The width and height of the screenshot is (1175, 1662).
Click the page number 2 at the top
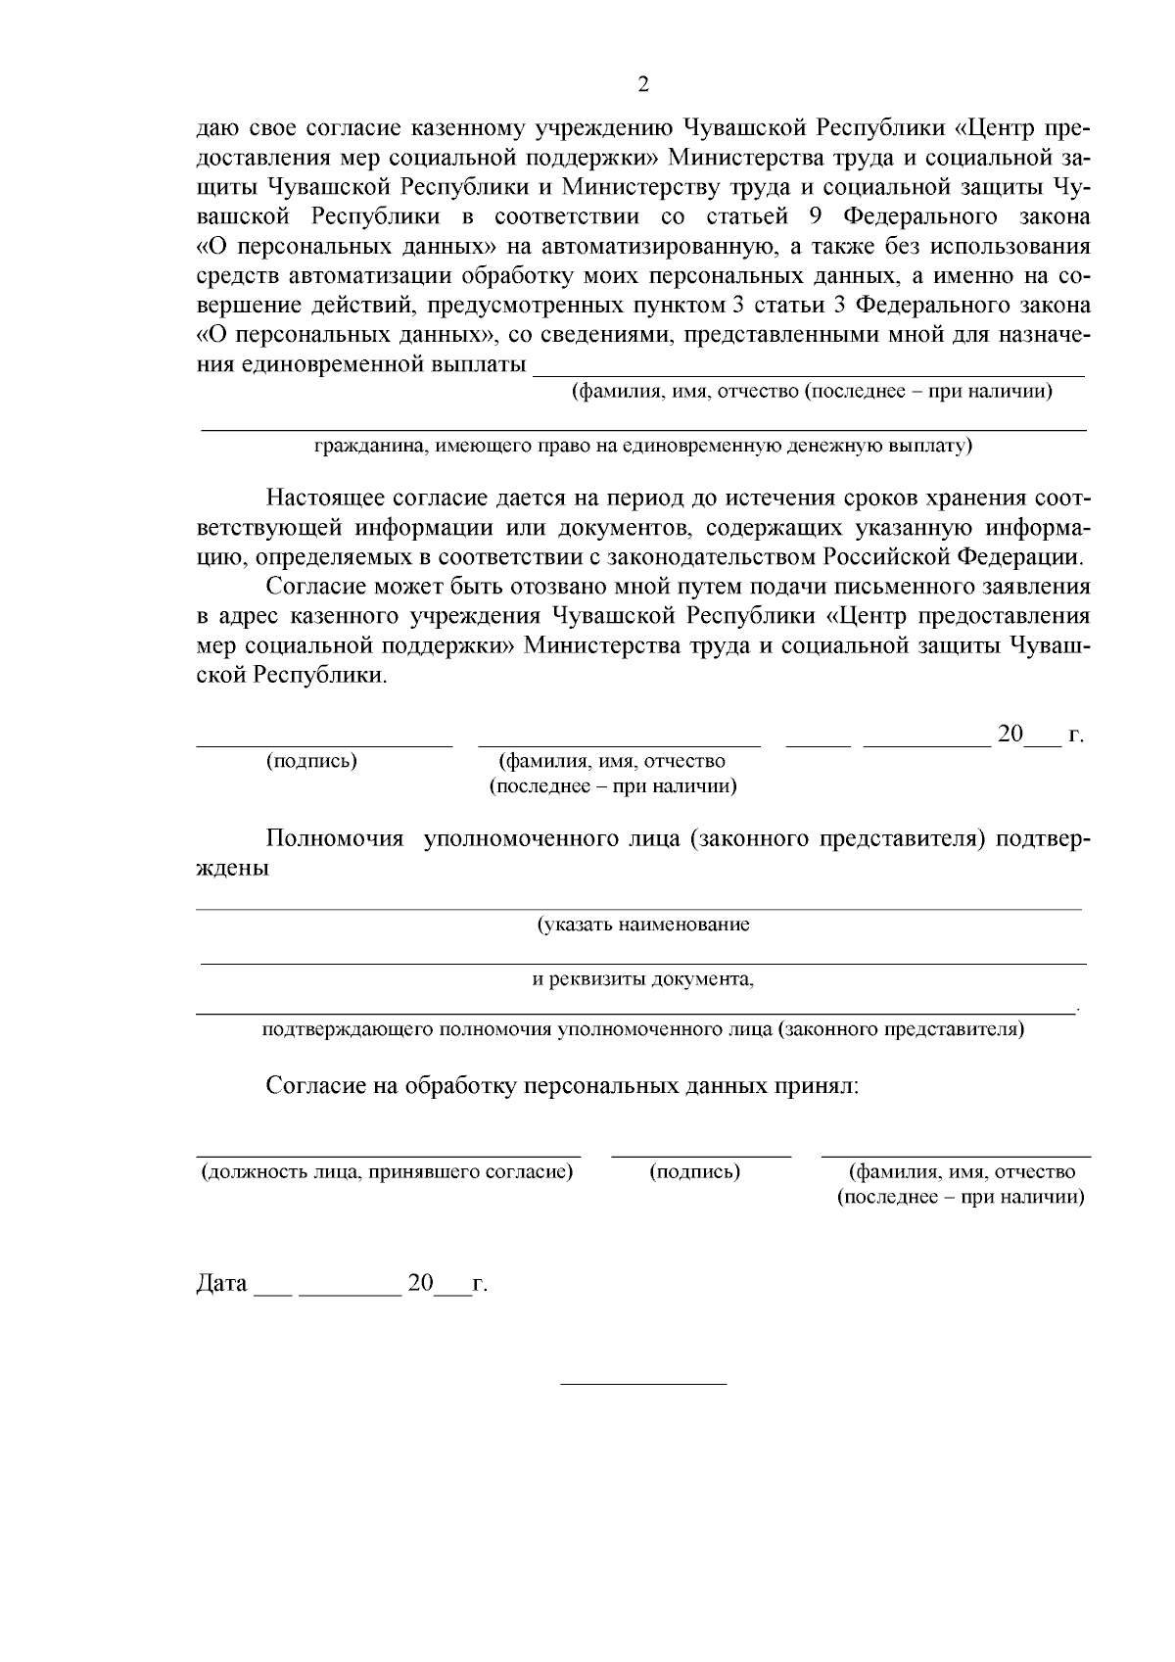click(x=642, y=84)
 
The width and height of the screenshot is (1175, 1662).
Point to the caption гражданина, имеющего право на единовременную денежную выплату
click(x=642, y=447)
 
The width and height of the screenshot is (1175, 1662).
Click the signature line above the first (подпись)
click(x=324, y=744)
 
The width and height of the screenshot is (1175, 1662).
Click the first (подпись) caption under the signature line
click(x=311, y=761)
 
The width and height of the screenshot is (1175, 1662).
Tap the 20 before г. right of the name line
click(x=1010, y=734)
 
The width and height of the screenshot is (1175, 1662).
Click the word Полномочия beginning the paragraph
click(x=335, y=839)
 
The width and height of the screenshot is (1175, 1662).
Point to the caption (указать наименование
click(x=642, y=925)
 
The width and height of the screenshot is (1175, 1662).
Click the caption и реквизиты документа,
click(x=642, y=979)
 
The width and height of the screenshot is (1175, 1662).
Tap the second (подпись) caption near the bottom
click(x=695, y=1171)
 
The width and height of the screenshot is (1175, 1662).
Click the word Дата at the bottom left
click(x=221, y=1283)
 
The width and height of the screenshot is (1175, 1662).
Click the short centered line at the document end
click(x=642, y=1383)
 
